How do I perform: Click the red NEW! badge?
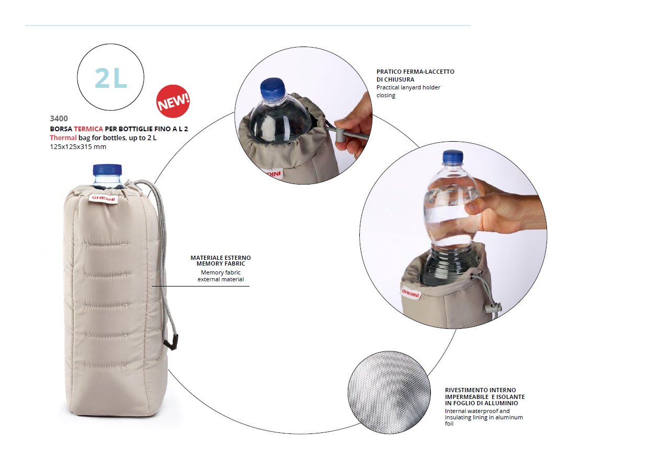pos(173,101)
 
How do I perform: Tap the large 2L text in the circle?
pos(111,78)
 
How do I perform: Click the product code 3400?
pos(59,119)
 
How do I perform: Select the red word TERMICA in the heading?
pos(88,129)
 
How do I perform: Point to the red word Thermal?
pos(63,138)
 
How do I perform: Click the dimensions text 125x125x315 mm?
pos(78,146)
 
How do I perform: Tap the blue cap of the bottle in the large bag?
pos(107,170)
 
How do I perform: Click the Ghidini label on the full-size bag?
pos(104,199)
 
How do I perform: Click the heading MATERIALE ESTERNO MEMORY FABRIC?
pos(221,260)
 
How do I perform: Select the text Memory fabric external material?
pos(221,276)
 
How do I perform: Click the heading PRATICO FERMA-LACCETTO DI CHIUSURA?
pos(415,75)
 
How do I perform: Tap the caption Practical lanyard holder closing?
pos(408,91)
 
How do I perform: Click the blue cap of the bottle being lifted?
pos(453,157)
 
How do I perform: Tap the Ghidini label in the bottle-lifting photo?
pos(411,294)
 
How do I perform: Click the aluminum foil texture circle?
pos(389,393)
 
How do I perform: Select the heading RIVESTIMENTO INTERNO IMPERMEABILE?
pos(485,393)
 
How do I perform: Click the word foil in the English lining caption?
pos(449,424)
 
